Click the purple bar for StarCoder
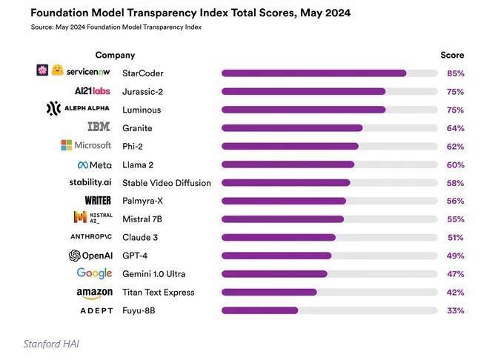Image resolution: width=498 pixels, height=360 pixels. point(313,73)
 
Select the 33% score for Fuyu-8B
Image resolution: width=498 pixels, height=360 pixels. point(455,311)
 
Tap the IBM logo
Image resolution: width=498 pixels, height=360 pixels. point(99,127)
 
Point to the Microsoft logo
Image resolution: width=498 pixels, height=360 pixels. point(86,146)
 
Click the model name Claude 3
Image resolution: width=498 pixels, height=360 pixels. point(140,238)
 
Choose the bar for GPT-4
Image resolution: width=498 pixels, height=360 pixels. point(276,256)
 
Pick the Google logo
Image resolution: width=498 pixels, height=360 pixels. point(95,274)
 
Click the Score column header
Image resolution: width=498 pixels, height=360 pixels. point(452,56)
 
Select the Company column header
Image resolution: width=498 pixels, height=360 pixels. point(115,56)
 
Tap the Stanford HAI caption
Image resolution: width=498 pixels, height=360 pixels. point(50,344)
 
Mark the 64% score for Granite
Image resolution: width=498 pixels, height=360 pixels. point(455,128)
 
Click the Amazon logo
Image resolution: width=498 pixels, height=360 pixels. point(95,293)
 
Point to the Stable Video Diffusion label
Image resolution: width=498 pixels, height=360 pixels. point(166,183)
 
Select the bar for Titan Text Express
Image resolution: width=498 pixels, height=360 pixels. point(269,292)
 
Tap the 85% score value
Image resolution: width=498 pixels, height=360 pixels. point(455,73)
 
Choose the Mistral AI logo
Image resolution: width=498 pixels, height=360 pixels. point(93,219)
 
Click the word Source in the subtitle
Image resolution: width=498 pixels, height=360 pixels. point(43,27)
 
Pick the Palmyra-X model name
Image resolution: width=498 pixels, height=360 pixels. point(143,201)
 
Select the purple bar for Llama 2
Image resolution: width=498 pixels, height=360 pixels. point(288,164)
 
